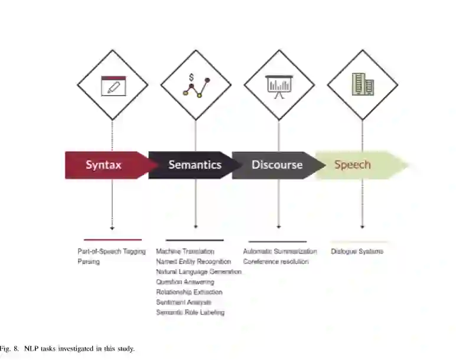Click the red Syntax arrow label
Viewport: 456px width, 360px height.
point(104,165)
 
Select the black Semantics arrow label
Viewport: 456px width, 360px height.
point(194,165)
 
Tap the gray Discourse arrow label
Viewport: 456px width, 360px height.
point(276,165)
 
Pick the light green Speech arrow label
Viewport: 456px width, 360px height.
point(353,165)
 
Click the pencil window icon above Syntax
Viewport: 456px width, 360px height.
point(112,86)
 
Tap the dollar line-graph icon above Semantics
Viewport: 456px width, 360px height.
point(196,86)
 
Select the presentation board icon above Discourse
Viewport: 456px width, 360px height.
point(279,86)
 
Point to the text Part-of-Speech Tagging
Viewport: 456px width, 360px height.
point(112,251)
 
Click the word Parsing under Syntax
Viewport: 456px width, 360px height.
point(89,261)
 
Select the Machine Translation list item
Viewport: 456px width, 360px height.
point(185,251)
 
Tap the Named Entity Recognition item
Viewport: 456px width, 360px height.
point(193,261)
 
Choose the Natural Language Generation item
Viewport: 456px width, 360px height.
point(198,272)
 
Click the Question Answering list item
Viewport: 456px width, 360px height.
point(185,282)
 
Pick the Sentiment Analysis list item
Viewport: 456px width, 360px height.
point(183,302)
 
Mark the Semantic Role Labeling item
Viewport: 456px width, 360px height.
point(190,312)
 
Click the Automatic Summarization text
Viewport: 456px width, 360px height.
point(280,251)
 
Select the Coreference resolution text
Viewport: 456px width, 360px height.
point(276,261)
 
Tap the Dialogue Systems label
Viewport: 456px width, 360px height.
point(357,251)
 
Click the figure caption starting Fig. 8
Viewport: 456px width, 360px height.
point(67,349)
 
